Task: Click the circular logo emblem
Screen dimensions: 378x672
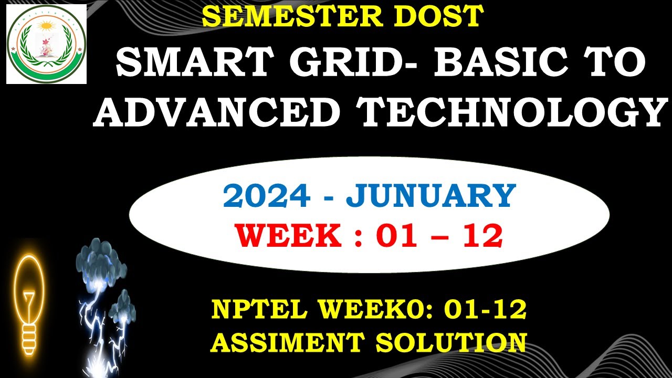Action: click(x=46, y=44)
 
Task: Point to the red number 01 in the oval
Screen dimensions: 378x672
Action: click(x=396, y=236)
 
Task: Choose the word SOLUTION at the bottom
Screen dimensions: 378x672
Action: click(x=451, y=342)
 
